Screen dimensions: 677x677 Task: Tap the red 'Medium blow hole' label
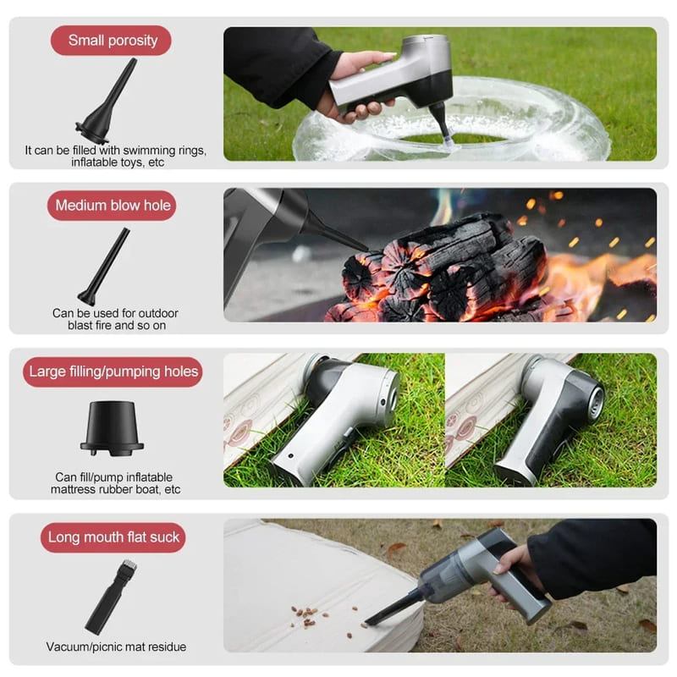coord(112,206)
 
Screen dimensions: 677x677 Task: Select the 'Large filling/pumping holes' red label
coord(113,372)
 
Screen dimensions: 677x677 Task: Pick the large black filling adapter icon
coord(112,428)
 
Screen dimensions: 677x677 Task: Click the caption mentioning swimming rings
coord(115,156)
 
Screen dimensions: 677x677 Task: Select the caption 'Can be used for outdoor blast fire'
coord(115,319)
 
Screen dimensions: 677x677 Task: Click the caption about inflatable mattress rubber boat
coord(116,482)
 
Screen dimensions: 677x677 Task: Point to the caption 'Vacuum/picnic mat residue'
coord(116,647)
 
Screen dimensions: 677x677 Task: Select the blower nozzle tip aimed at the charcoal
coord(355,245)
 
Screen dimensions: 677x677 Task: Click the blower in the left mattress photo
coord(338,415)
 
